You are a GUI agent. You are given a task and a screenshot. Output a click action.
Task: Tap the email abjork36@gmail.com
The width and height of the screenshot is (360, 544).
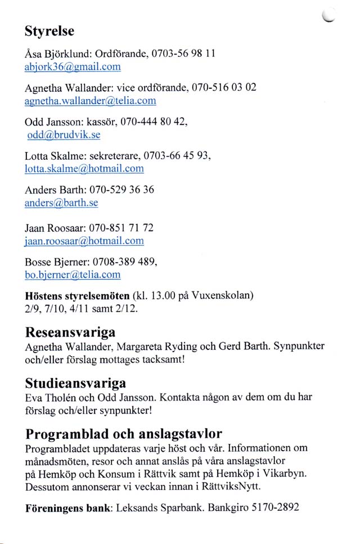pos(73,66)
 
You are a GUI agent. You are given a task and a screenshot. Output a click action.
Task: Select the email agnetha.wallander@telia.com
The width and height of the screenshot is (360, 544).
pos(90,101)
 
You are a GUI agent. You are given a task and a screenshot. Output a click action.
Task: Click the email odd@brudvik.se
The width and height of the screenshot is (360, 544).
pos(64,136)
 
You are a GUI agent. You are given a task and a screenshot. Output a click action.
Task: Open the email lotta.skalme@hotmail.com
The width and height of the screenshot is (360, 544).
pos(84,169)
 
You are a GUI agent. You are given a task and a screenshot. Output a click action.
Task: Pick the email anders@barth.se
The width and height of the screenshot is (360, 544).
pos(61,203)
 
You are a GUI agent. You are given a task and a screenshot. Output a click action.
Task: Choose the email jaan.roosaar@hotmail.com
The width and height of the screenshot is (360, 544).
pos(84,241)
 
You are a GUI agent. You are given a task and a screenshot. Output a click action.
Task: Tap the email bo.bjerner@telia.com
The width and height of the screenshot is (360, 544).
pos(73,275)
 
